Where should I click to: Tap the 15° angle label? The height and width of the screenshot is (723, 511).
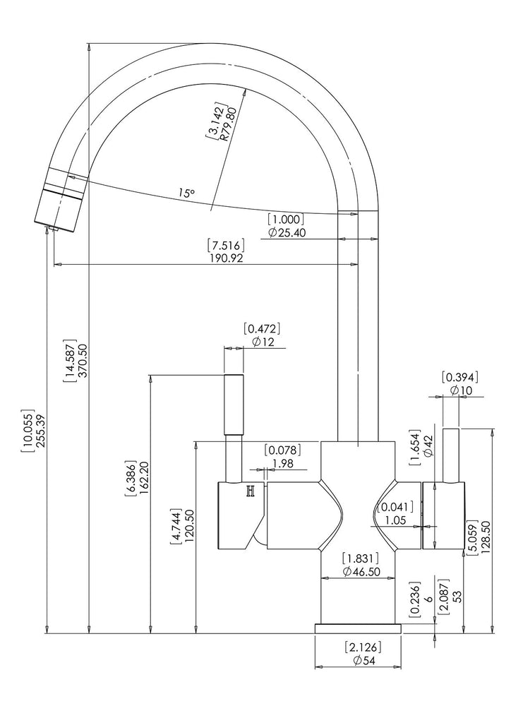click(x=186, y=193)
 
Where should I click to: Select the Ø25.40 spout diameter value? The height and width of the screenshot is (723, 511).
click(x=287, y=233)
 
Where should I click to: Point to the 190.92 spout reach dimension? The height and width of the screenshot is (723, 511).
click(x=226, y=258)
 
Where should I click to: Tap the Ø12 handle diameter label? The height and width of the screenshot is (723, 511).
click(x=263, y=342)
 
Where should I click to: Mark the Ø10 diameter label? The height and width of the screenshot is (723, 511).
click(x=461, y=390)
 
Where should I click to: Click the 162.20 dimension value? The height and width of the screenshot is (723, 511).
click(x=143, y=478)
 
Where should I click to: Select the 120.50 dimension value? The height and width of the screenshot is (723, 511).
click(x=189, y=527)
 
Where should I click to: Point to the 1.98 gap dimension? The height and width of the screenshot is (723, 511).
click(x=283, y=464)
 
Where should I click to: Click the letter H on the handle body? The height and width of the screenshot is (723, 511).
click(x=251, y=492)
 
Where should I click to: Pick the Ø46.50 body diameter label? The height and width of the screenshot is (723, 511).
click(x=361, y=572)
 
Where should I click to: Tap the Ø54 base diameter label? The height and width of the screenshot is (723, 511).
click(x=364, y=661)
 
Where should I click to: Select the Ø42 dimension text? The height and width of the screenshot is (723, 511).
click(x=428, y=446)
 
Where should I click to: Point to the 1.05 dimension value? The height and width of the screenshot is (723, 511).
click(x=395, y=520)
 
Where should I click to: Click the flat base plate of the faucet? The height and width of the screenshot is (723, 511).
click(x=358, y=629)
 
